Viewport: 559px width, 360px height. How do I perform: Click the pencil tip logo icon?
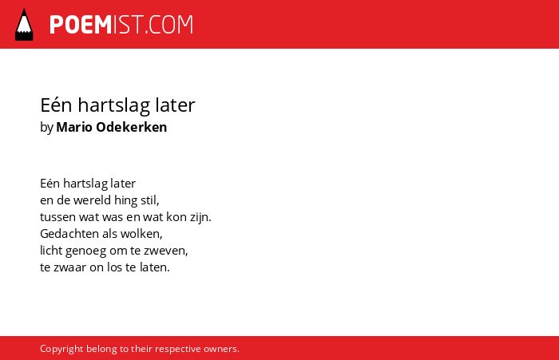point(24,24)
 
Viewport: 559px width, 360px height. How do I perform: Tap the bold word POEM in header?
point(81,25)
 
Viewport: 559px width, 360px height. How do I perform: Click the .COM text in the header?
point(168,25)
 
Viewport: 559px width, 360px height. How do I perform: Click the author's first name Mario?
point(74,127)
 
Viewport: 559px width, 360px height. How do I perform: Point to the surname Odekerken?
point(132,127)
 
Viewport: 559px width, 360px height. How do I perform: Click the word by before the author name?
point(46,128)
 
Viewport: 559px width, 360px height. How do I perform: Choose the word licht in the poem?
point(51,250)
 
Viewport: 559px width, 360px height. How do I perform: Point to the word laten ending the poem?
point(153,267)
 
